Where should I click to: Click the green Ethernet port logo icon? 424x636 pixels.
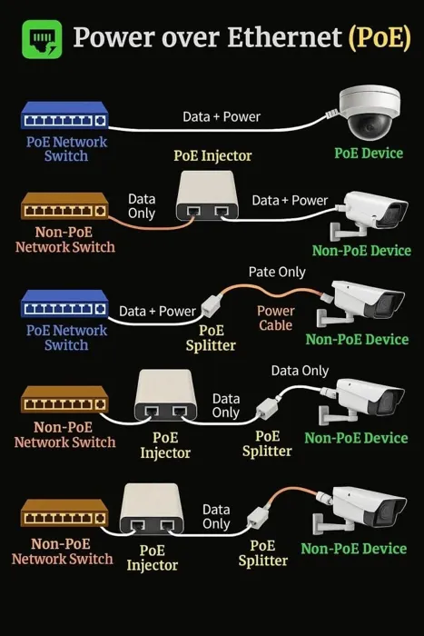pyautogui.click(x=42, y=39)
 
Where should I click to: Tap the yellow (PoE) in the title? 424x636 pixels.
pyautogui.click(x=380, y=38)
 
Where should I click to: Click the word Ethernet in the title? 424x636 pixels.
pyautogui.click(x=284, y=37)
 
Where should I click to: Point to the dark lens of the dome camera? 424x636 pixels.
pyautogui.click(x=369, y=126)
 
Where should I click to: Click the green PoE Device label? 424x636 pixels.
pyautogui.click(x=369, y=153)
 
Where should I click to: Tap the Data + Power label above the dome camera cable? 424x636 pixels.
pyautogui.click(x=222, y=117)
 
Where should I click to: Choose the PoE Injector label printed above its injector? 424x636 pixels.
pyautogui.click(x=212, y=155)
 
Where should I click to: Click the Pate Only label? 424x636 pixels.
pyautogui.click(x=277, y=273)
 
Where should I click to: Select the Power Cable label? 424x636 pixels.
pyautogui.click(x=276, y=318)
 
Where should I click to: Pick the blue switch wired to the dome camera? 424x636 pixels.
pyautogui.click(x=64, y=115)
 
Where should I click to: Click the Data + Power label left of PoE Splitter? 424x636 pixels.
pyautogui.click(x=157, y=311)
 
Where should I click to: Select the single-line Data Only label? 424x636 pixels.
pyautogui.click(x=300, y=371)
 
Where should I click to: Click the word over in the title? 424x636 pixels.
pyautogui.click(x=192, y=39)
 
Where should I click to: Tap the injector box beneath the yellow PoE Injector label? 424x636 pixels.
pyautogui.click(x=207, y=195)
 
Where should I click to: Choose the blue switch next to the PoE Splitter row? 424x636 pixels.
pyautogui.click(x=64, y=303)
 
